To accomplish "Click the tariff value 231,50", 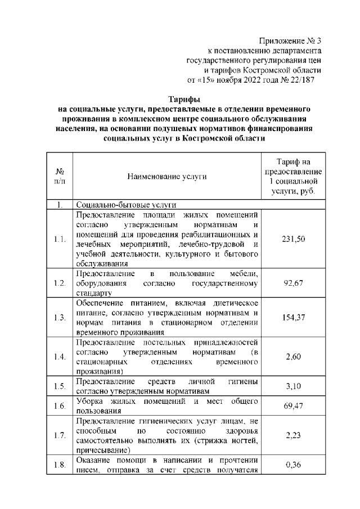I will pos(293,239).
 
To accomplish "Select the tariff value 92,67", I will pos(293,282).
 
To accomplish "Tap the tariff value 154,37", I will pos(293,317).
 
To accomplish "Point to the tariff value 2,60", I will pos(293,357).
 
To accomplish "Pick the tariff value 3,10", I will pos(293,386).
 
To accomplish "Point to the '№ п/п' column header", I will pos(60,177).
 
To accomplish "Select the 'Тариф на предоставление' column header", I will pos(293,167).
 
